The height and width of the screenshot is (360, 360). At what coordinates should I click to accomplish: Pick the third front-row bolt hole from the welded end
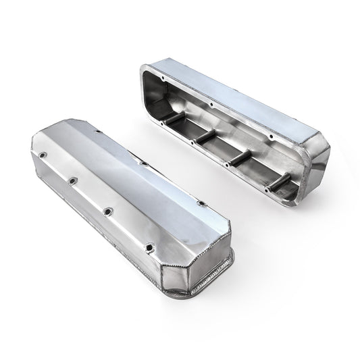coord(72,181)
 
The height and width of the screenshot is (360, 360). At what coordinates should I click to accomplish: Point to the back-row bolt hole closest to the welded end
coord(199,200)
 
